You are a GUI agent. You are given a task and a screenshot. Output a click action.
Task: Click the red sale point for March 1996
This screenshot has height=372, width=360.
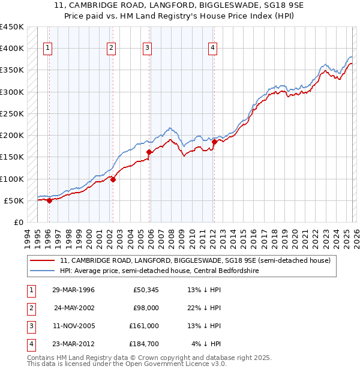[x=49, y=201]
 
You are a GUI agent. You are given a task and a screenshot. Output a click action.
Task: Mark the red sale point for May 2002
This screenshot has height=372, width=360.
[x=112, y=179]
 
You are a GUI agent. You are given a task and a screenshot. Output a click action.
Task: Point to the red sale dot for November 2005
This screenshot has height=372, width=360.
[x=149, y=152]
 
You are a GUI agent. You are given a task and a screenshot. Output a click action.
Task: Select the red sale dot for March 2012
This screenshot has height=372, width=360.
[x=214, y=142]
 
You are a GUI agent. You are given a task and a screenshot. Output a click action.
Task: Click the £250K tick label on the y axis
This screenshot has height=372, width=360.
[x=12, y=113]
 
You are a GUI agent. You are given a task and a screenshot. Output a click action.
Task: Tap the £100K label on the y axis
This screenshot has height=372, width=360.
[x=12, y=179]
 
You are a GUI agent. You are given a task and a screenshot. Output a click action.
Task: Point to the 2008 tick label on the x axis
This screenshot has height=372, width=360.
[x=172, y=237]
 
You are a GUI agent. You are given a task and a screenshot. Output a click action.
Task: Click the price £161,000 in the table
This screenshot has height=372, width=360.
[x=144, y=326]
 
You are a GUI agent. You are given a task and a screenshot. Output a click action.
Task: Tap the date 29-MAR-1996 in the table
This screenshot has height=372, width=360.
[x=73, y=290]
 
